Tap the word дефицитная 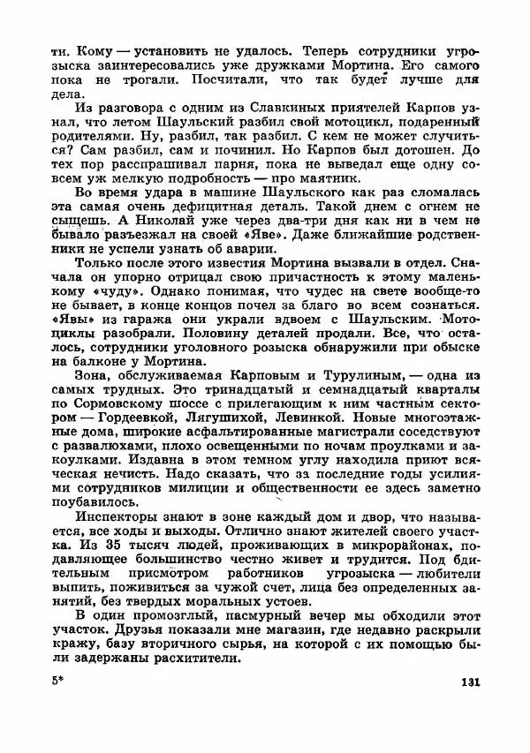click(x=187, y=218)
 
